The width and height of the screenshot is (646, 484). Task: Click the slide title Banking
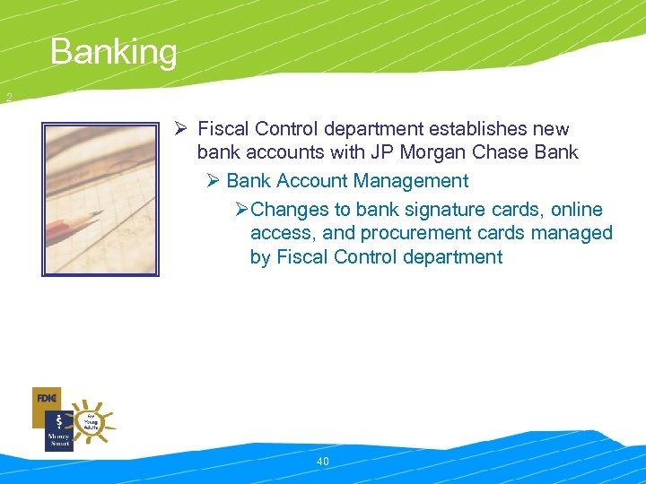pos(114,52)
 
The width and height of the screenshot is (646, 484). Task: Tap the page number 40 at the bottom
pos(323,462)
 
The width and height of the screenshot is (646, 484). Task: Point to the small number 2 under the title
pos(8,98)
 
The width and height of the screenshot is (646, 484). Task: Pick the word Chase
pos(496,152)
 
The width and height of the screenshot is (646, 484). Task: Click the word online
pos(577,210)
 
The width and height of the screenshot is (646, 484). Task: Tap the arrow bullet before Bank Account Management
pos(213,181)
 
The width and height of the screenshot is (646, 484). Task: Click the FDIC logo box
pos(46,398)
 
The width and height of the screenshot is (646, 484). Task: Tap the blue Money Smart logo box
pos(58,432)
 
